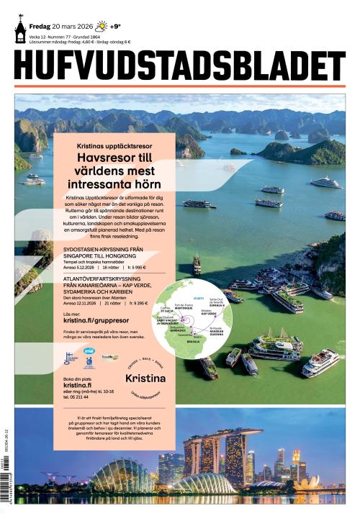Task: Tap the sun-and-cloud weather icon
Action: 102,27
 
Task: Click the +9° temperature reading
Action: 115,27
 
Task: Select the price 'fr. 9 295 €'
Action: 136,303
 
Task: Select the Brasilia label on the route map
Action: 193,340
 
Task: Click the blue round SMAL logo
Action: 89,352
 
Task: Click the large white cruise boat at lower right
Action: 320,363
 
